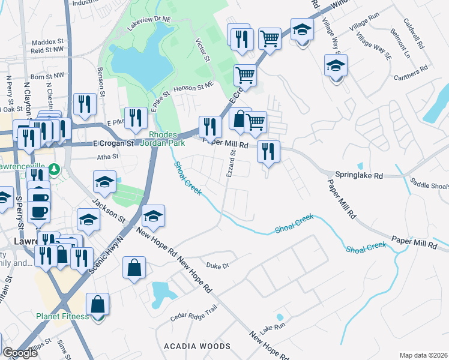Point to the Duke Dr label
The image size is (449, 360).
(x=218, y=265)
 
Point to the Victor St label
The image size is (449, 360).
(x=202, y=50)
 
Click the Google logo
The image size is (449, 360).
(x=20, y=353)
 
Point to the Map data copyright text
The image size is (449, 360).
(x=424, y=355)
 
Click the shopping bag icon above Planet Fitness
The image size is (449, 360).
(x=97, y=306)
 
